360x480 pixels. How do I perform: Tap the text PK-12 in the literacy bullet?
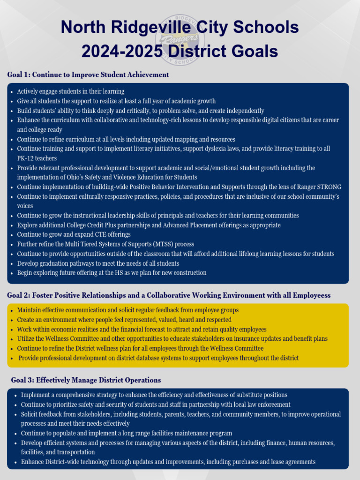(26, 158)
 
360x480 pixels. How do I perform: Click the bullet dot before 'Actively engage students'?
(11, 92)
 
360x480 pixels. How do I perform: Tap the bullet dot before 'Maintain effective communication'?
(11, 310)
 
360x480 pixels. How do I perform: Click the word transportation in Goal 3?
(77, 452)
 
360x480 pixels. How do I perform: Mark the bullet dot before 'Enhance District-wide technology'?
(15, 462)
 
